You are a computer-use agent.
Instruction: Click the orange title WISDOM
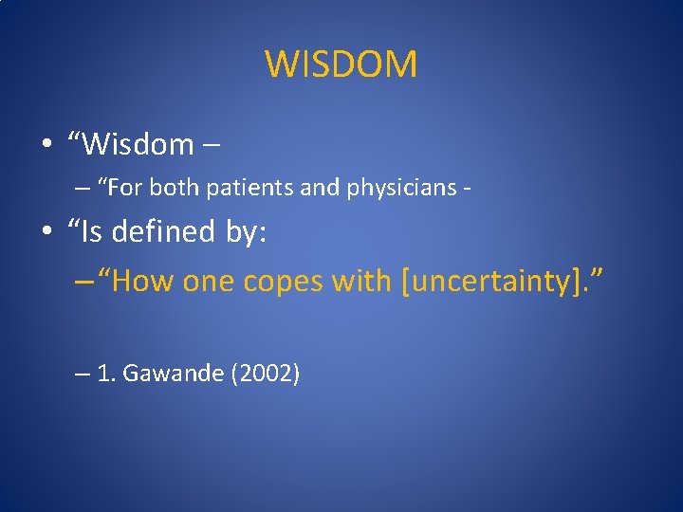[x=341, y=64]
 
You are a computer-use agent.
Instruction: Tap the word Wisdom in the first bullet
[x=138, y=144]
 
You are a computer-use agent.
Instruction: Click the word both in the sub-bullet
[x=173, y=188]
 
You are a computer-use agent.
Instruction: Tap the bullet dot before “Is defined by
[x=46, y=232]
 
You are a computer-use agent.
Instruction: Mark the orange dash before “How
[x=83, y=283]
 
